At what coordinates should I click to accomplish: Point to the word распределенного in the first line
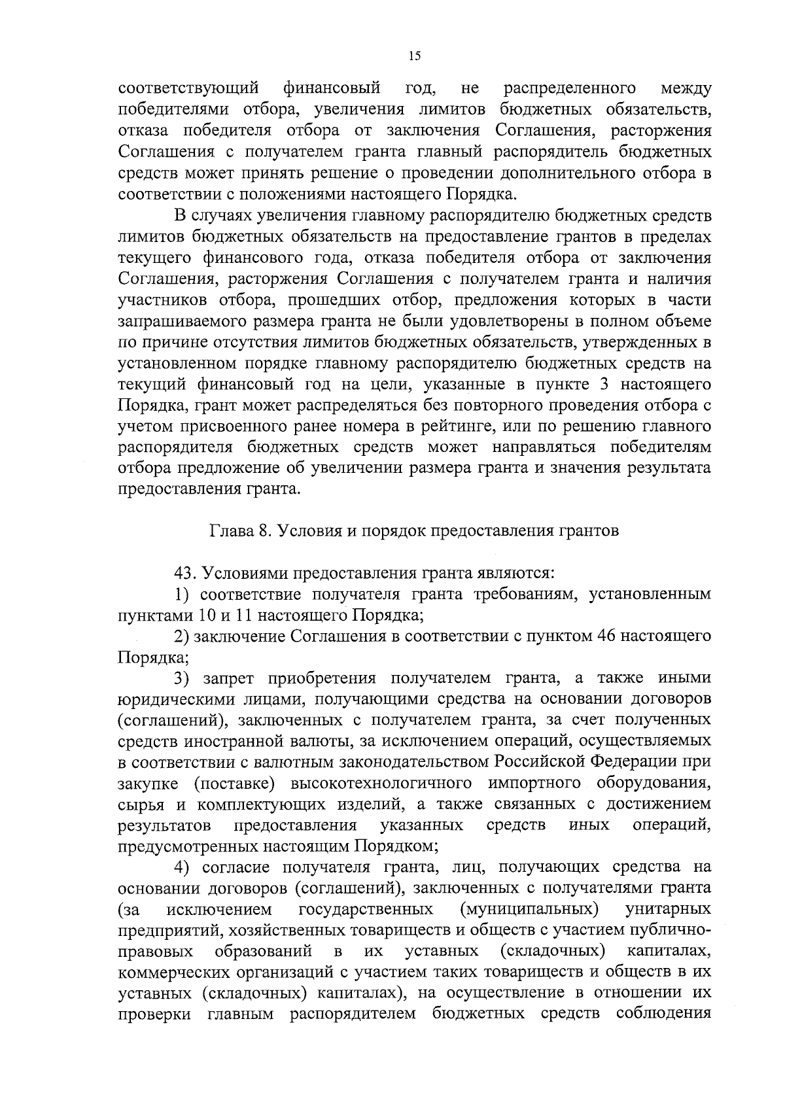pos(570,88)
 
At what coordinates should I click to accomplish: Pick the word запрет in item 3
pos(232,678)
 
